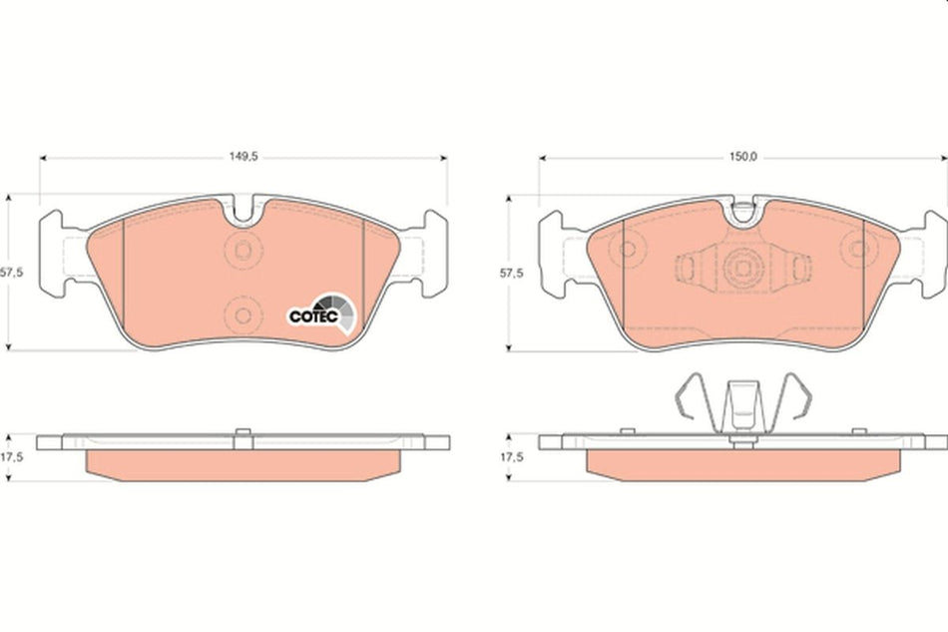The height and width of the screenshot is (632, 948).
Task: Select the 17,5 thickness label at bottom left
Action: [12, 456]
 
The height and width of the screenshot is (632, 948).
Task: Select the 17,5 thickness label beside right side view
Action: [512, 456]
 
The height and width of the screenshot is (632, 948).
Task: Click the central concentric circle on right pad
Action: [741, 267]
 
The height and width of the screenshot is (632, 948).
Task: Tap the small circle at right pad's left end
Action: [629, 248]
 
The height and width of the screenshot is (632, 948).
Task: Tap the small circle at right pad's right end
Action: [855, 248]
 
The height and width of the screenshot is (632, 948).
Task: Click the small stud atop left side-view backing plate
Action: [240, 432]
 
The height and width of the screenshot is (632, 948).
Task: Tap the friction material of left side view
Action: [242, 463]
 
